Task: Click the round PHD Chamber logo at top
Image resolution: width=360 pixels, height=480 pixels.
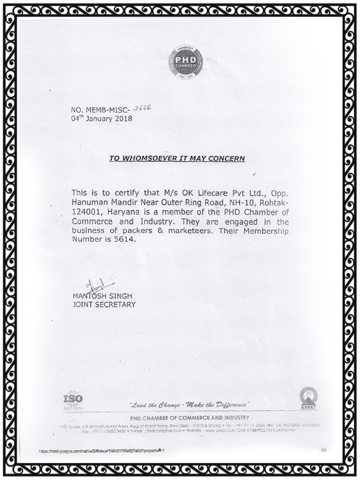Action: (x=185, y=62)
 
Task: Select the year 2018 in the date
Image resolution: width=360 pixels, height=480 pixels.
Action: (x=121, y=119)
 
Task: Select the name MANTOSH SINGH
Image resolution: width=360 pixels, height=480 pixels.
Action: (x=103, y=296)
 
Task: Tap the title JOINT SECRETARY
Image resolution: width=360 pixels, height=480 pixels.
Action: (x=104, y=305)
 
